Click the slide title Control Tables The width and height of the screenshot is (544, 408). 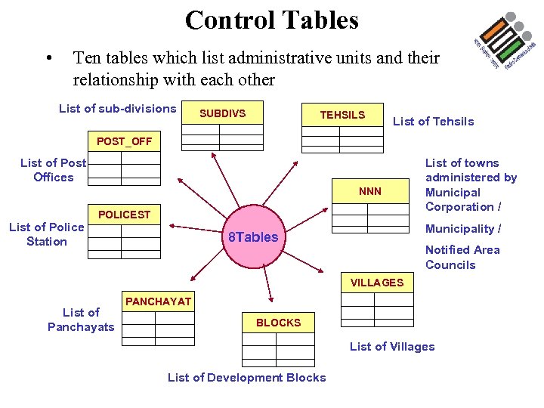[x=271, y=20]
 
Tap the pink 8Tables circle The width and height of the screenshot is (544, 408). [x=253, y=237]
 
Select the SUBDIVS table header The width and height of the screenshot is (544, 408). [x=221, y=113]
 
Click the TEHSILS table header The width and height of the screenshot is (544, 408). [x=342, y=115]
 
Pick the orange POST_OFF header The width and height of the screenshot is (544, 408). [x=124, y=142]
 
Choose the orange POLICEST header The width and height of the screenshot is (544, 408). [x=124, y=215]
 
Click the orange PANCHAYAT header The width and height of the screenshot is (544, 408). [x=158, y=301]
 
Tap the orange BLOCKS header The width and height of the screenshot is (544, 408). [x=278, y=323]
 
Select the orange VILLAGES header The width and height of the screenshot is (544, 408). [x=376, y=283]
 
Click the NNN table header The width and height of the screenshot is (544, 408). [x=370, y=191]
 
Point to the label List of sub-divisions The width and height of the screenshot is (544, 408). [x=117, y=109]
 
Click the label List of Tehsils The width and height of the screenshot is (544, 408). [x=433, y=122]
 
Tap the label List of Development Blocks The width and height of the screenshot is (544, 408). [x=246, y=378]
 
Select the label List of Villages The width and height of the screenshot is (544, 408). [x=391, y=347]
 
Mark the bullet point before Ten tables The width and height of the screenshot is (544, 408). [x=48, y=57]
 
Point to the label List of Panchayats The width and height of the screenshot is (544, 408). [x=81, y=320]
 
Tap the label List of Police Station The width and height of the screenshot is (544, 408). [x=46, y=234]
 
